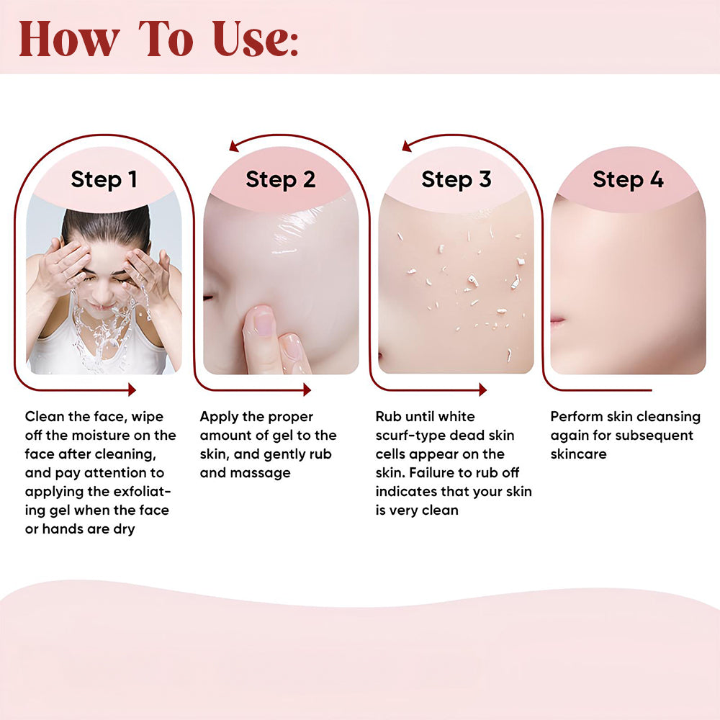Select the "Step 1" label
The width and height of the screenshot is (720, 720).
click(x=104, y=179)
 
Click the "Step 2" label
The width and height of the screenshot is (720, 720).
click(x=280, y=179)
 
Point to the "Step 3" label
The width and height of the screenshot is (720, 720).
click(x=456, y=179)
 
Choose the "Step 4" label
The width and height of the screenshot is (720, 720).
click(x=628, y=179)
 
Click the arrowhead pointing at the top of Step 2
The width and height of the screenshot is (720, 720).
click(x=234, y=146)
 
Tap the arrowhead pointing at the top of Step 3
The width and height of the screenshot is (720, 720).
click(x=407, y=146)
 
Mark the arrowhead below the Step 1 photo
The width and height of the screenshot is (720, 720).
click(x=131, y=390)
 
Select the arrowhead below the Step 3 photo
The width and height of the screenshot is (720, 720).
click(x=482, y=390)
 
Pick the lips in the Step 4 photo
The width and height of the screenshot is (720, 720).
click(x=557, y=321)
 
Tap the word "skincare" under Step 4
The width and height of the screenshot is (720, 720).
click(x=578, y=454)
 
